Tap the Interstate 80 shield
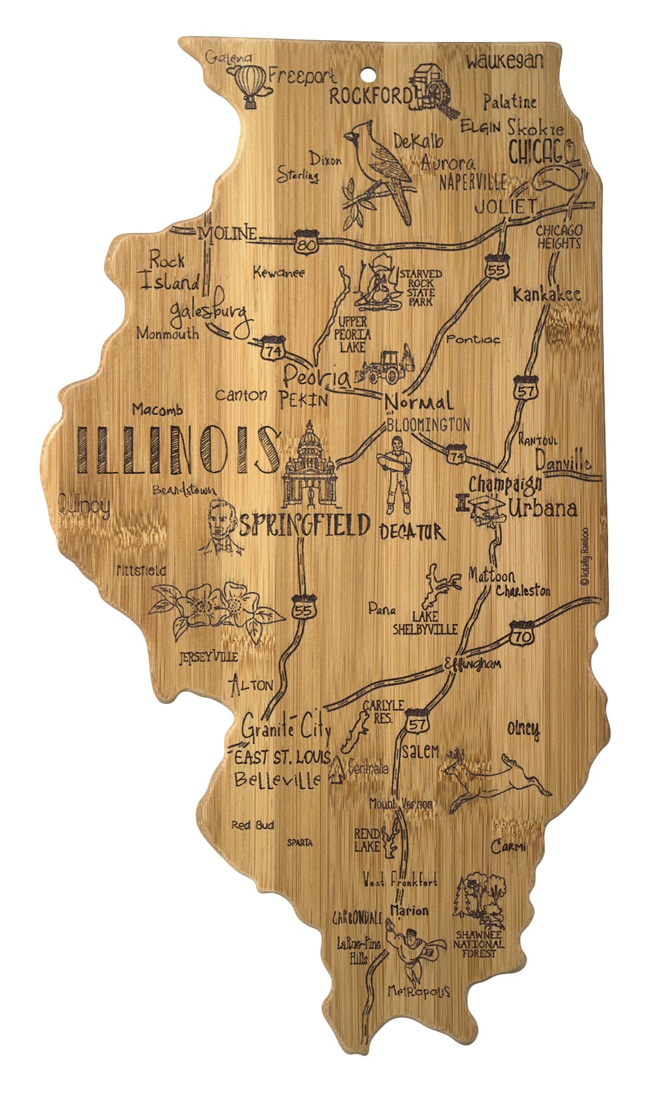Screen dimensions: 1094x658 pos(303,241)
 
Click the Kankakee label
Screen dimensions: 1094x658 pos(546,295)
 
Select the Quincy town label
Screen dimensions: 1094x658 pos(85,506)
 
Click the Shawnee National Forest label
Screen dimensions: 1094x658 pos(480,944)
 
